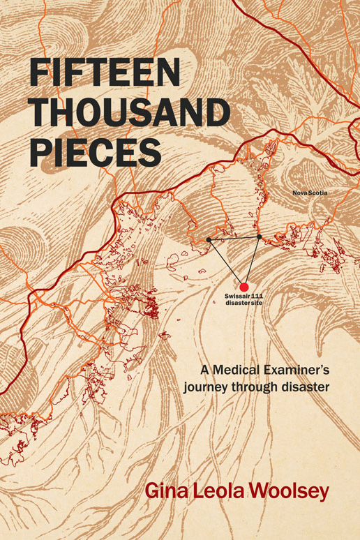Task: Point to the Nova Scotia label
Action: tap(310, 192)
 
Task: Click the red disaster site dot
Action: tap(244, 287)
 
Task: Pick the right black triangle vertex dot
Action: tap(259, 237)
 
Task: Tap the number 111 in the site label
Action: tap(257, 298)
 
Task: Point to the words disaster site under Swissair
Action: tap(243, 304)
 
